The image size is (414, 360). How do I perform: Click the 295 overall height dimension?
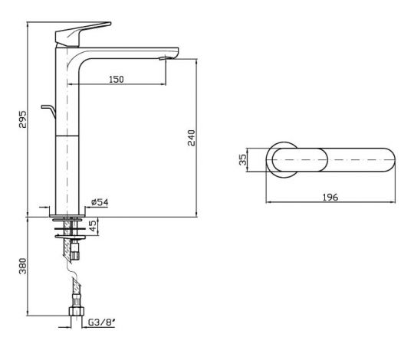coord(23,119)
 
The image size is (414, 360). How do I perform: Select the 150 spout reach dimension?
coord(117,79)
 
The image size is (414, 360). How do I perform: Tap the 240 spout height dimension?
coord(192,138)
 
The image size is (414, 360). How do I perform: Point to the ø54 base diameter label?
coord(100,202)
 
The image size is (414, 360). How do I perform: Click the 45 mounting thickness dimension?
coord(93,226)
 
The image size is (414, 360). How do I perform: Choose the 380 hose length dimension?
coord(23,266)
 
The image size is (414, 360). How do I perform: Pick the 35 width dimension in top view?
coord(242,159)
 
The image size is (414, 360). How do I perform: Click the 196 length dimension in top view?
coord(330,197)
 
